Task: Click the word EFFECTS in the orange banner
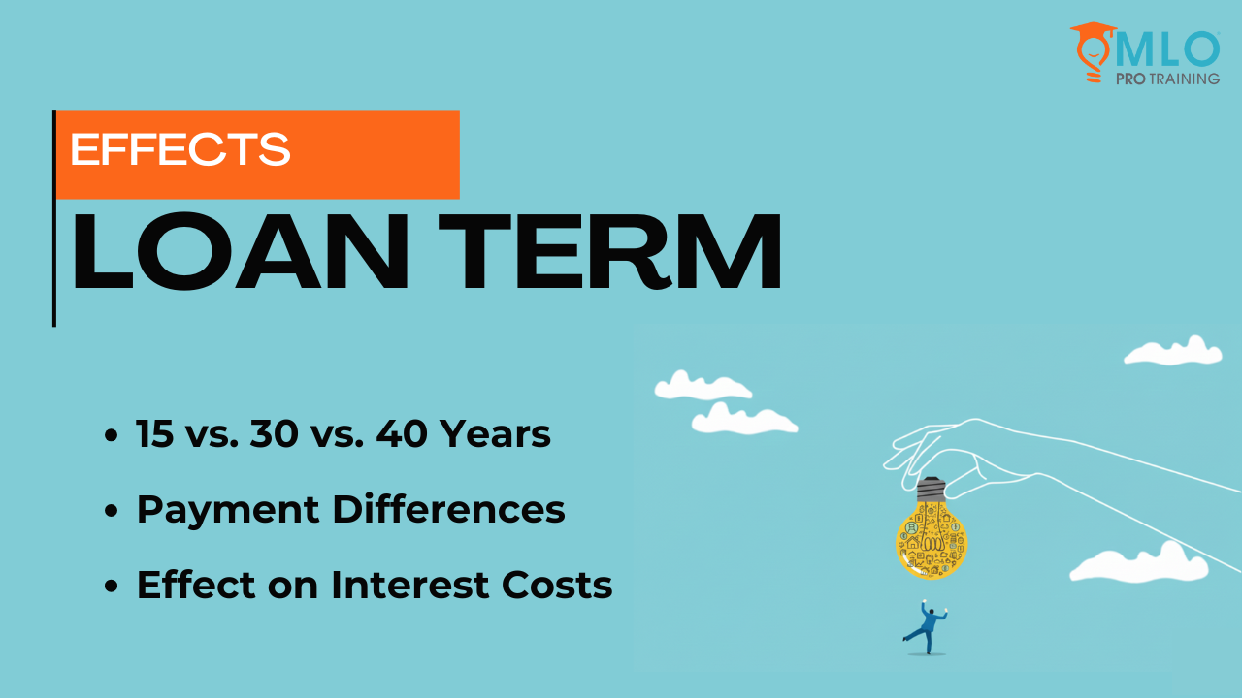(x=180, y=149)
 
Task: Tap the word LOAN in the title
(x=241, y=251)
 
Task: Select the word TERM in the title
(x=610, y=251)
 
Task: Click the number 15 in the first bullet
(x=154, y=433)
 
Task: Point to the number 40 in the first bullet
(x=402, y=433)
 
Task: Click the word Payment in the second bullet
(x=228, y=511)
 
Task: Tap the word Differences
(x=448, y=509)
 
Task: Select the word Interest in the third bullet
(x=409, y=585)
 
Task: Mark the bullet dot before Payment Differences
(x=112, y=510)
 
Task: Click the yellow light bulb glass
(x=931, y=544)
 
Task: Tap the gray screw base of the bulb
(x=931, y=490)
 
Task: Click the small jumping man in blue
(x=926, y=627)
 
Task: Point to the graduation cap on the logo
(x=1094, y=29)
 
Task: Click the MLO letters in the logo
(x=1167, y=49)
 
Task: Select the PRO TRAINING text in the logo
(x=1167, y=79)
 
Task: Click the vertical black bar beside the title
(x=54, y=218)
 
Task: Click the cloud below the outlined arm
(x=1139, y=563)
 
